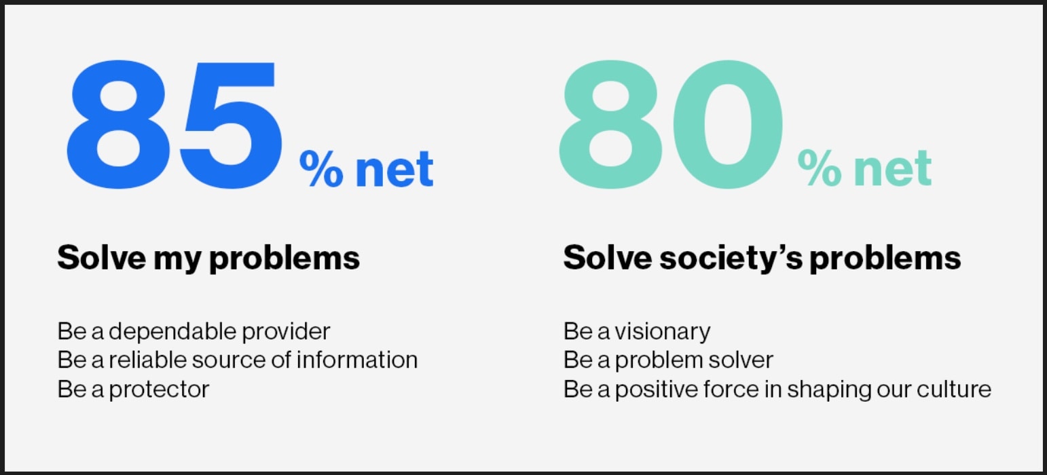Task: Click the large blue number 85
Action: [x=174, y=124]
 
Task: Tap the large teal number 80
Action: [x=672, y=124]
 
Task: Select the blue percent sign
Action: [x=321, y=168]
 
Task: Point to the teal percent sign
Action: [x=820, y=168]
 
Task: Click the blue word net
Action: [x=394, y=169]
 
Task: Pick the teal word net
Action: [x=893, y=169]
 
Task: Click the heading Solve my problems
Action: [x=208, y=258]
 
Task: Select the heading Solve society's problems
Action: [x=762, y=258]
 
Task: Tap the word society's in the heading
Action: [x=731, y=258]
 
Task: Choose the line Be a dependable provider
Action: [x=194, y=332]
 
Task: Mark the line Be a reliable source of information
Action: [x=238, y=360]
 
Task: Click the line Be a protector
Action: [x=133, y=389]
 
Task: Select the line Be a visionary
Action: [x=637, y=332]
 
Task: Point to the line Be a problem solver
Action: [x=668, y=360]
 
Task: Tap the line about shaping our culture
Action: [x=777, y=389]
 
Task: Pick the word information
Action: [x=357, y=360]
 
